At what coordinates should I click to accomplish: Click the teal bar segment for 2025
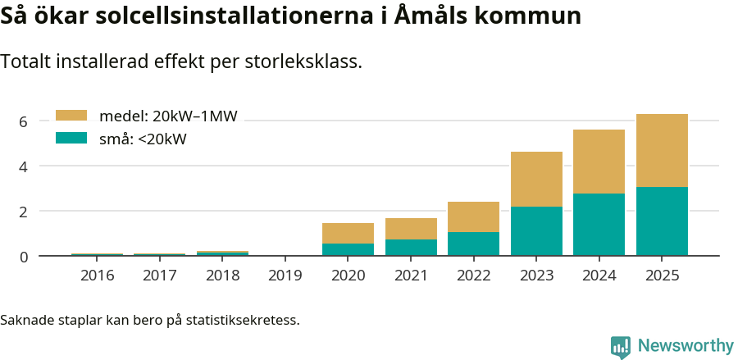[662, 221]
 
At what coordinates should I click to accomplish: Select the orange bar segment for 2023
[536, 179]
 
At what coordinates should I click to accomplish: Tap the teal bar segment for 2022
[473, 244]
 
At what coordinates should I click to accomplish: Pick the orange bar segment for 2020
[348, 233]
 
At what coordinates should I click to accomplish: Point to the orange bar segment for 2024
[599, 162]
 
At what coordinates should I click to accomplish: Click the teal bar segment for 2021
[411, 248]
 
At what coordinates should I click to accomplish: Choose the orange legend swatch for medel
[71, 116]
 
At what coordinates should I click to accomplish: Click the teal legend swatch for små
[71, 139]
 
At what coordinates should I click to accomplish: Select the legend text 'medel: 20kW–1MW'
[168, 116]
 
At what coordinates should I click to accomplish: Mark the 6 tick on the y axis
[23, 121]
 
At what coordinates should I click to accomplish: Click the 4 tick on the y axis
[23, 166]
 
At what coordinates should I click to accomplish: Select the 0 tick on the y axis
[23, 257]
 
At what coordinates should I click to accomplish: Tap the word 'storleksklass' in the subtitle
[307, 62]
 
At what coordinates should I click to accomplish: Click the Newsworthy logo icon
[621, 346]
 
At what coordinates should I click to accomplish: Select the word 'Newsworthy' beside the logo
[686, 346]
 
